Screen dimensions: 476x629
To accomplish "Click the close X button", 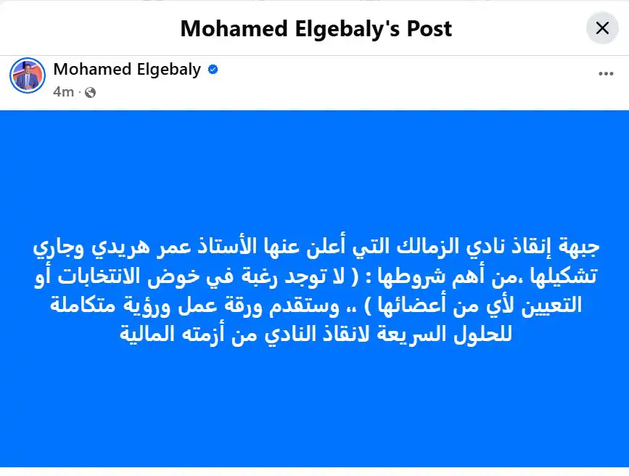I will point(601,29).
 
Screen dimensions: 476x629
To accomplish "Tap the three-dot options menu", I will point(606,73).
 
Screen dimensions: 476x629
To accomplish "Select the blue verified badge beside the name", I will point(213,70).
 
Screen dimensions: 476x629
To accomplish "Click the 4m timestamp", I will point(63,92).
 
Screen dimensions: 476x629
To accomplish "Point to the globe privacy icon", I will point(90,92).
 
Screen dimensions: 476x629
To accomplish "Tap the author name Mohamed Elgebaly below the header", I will point(127,70).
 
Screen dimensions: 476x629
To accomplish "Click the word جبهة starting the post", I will point(589,249).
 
